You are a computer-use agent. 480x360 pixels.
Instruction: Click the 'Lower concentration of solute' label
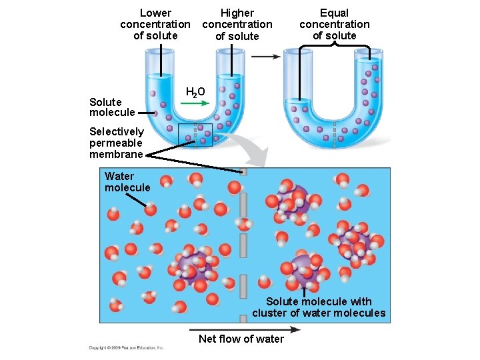click(155, 24)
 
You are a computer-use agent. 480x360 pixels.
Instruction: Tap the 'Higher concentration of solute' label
click(237, 25)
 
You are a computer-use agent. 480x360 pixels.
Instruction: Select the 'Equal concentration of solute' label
click(334, 24)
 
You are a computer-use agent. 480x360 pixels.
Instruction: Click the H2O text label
click(195, 92)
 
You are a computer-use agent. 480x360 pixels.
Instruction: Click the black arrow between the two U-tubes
click(266, 57)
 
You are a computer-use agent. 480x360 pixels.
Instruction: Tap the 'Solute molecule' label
click(105, 107)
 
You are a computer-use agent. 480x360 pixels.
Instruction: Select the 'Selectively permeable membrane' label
click(116, 143)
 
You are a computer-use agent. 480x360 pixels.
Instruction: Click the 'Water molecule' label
click(127, 182)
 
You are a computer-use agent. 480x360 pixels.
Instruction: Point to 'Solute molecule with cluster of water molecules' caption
click(319, 307)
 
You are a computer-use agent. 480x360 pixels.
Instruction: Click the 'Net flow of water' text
click(241, 339)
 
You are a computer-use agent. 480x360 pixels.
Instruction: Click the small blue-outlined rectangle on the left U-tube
click(195, 135)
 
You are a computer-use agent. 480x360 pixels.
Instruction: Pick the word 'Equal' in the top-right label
click(334, 13)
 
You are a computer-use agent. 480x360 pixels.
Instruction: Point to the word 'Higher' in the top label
click(237, 13)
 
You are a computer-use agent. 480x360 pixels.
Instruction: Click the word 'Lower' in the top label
click(155, 13)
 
